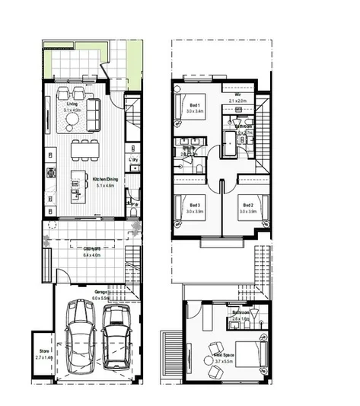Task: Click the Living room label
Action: pos(72,104)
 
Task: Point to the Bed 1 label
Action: pos(195,104)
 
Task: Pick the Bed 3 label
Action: pos(195,205)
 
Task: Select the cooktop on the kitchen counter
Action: pos(51,173)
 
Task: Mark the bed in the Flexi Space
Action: pos(251,352)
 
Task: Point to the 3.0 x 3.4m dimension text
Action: pos(195,110)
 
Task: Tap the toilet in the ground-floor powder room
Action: pos(132,204)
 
